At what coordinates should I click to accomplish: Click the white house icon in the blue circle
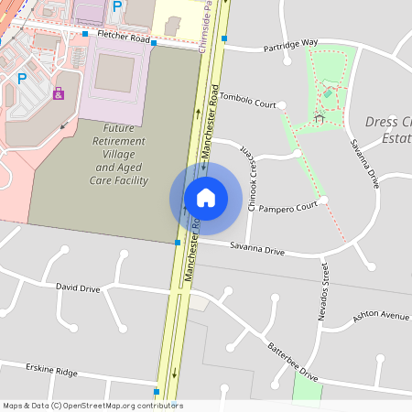click(205, 198)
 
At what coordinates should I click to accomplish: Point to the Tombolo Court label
click(248, 103)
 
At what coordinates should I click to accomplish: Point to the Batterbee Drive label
click(292, 361)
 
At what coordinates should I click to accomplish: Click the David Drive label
click(78, 287)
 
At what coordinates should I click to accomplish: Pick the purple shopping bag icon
click(59, 92)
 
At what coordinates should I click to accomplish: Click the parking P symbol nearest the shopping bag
click(21, 79)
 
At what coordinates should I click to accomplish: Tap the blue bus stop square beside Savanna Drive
click(178, 243)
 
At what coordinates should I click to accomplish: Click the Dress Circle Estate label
click(388, 129)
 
